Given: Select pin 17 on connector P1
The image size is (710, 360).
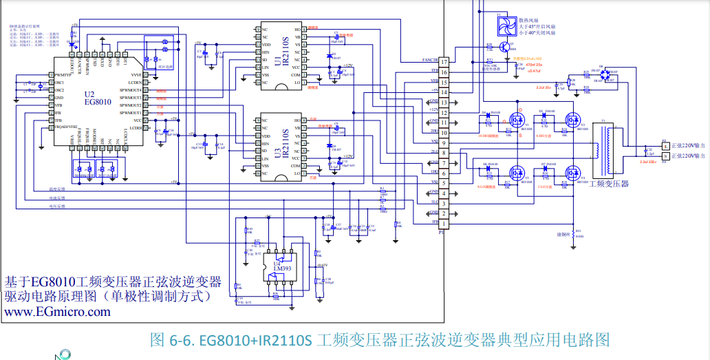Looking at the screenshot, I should coord(444,62).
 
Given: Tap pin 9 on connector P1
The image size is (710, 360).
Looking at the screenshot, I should coord(444,143).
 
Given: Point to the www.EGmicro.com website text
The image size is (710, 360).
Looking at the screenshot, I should coord(57,312).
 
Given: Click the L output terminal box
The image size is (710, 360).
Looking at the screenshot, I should coord(665,145).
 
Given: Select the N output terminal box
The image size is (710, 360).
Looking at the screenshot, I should coord(665,156).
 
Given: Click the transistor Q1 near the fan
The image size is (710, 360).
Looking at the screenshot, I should coord(506,47).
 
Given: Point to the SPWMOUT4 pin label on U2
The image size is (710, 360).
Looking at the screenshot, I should coord(130,90).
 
